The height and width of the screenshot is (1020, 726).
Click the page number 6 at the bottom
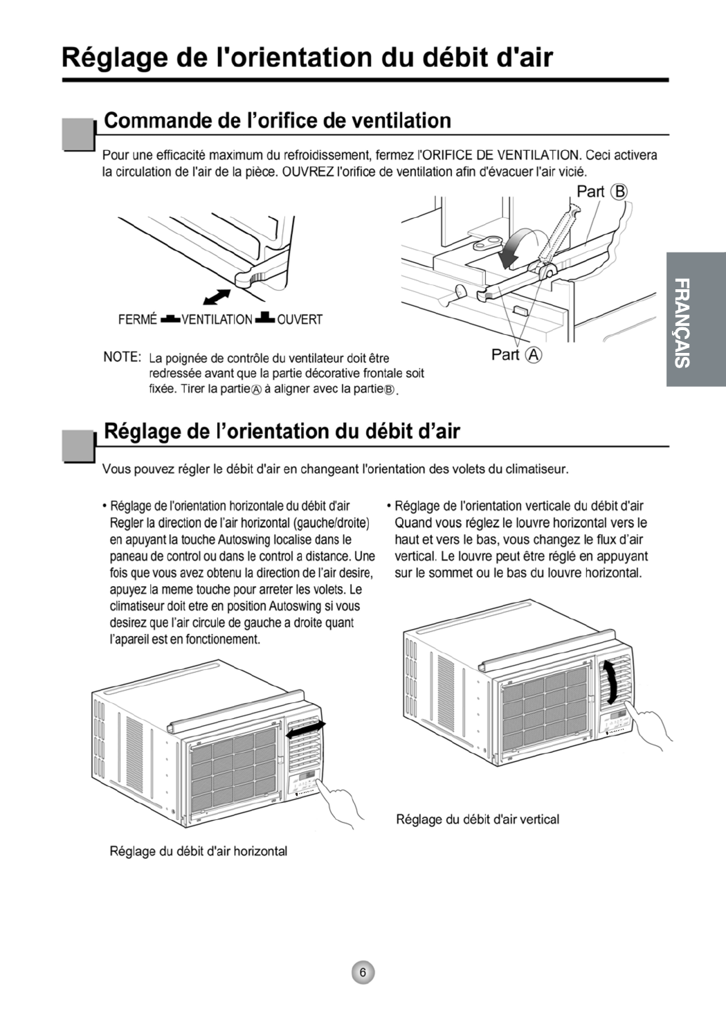tap(362, 972)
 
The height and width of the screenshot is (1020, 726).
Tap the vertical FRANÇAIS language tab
tap(696, 319)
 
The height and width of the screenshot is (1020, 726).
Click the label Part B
tap(601, 192)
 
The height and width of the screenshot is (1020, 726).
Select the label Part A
tap(516, 354)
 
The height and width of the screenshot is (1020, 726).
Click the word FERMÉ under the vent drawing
tap(138, 320)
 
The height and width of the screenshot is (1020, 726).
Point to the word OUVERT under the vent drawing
tap(300, 320)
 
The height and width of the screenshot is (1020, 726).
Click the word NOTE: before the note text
tap(122, 357)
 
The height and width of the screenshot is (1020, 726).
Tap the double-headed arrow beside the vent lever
tap(217, 295)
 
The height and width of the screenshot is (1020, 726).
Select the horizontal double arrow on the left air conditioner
tap(306, 729)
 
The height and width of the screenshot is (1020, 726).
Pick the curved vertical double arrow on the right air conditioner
tap(610, 681)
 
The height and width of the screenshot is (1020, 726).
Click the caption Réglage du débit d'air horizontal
tap(199, 851)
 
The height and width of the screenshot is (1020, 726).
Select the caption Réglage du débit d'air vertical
tap(478, 819)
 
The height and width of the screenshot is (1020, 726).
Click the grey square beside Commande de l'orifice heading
tap(78, 134)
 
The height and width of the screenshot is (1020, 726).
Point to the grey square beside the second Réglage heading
tap(78, 445)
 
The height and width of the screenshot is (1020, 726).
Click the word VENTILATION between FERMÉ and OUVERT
tap(217, 320)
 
